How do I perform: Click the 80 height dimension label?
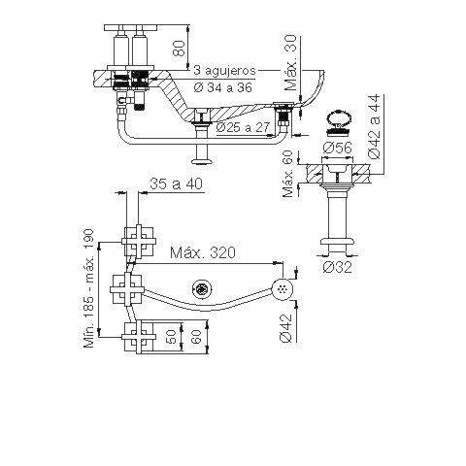180,48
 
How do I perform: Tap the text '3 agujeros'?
224,70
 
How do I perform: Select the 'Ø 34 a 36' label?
223,87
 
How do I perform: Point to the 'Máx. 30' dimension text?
290,63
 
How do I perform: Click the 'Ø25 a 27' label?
243,127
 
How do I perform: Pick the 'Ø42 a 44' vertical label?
375,126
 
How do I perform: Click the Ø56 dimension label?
337,148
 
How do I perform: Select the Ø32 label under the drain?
337,267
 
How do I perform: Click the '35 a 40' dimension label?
176,183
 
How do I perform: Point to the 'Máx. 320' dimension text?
203,252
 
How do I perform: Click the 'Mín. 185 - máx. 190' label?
88,288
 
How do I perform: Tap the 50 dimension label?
172,337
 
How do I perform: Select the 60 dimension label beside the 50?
197,337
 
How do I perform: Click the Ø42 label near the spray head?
286,328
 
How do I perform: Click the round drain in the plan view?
202,288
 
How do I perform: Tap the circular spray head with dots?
283,288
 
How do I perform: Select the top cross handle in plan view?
139,241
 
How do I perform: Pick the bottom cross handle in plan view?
139,337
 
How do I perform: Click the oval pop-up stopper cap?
339,117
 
